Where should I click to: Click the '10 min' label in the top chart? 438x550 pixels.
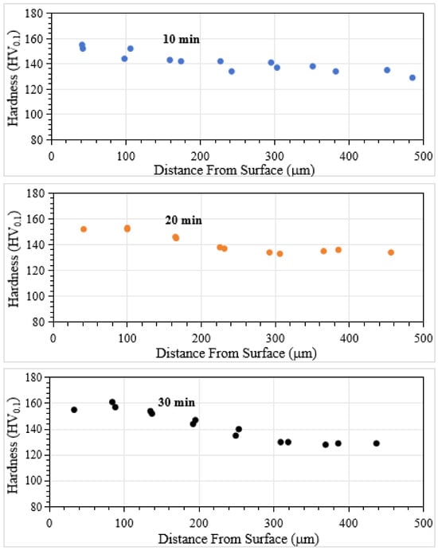tap(181, 39)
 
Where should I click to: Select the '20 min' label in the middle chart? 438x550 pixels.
tap(183, 220)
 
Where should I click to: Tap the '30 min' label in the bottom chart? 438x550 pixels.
tap(176, 402)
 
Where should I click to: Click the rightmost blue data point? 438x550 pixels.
tap(413, 77)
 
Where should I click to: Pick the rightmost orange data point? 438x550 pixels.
tap(391, 252)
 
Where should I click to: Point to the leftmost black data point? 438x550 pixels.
tap(74, 410)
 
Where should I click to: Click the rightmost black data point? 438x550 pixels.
tap(377, 443)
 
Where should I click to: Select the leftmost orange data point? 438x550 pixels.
tap(84, 229)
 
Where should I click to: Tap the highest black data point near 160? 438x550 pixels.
tap(112, 402)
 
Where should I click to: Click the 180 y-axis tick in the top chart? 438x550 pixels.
tap(34, 14)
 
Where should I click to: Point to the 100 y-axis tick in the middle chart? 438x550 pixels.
tap(36, 296)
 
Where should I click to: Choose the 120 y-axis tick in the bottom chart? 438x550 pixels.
tap(34, 455)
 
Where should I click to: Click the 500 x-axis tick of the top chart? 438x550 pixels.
tap(423, 156)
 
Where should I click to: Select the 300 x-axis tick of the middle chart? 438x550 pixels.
tap(276, 338)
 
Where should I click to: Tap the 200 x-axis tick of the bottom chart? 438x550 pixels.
tap(199, 524)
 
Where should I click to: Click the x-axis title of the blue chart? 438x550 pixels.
tap(234, 170)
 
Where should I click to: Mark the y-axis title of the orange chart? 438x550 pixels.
tap(14, 259)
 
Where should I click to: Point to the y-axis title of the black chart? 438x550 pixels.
tap(14, 446)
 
